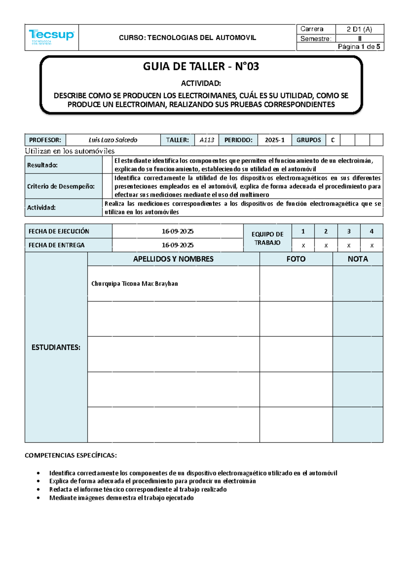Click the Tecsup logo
coord(51,36)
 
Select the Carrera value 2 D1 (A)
coord(359,29)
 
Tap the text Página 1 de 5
coord(359,47)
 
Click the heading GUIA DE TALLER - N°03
coord(201,66)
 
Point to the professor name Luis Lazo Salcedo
coord(113,140)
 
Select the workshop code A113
coord(207,140)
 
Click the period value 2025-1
coord(274,140)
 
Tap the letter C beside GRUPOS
coord(333,140)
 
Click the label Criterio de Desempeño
coord(61,186)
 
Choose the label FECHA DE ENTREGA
coord(56,245)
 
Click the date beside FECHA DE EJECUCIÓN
coord(177,231)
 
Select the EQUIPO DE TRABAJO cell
coord(267,238)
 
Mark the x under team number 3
coord(348,245)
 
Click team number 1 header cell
coord(303,231)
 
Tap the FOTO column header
coord(296,259)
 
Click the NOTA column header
coord(358,259)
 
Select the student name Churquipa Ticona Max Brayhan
coord(135,283)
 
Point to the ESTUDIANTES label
coord(56,347)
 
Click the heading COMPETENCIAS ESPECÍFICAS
coord(71,455)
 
